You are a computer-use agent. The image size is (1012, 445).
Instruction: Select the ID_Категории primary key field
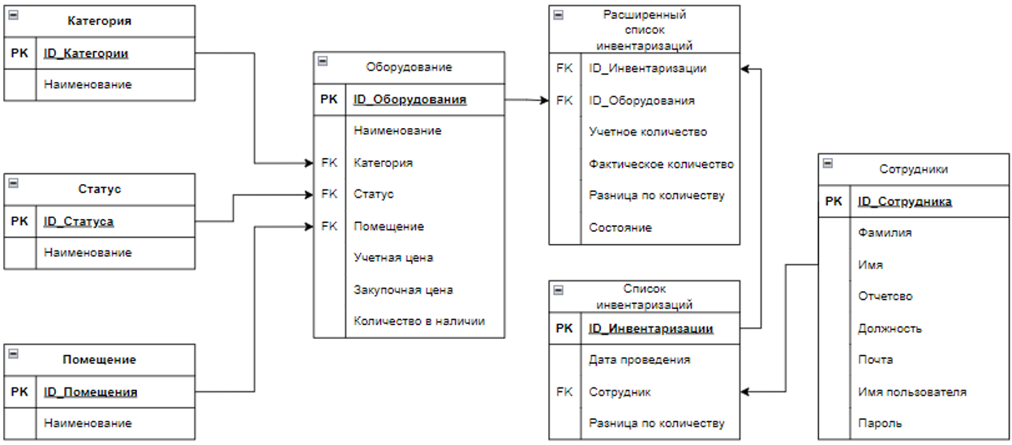click(86, 53)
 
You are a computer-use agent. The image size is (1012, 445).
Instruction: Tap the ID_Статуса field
click(79, 221)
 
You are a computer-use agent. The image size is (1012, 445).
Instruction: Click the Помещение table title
click(100, 359)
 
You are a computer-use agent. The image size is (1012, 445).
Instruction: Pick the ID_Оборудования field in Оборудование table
click(410, 100)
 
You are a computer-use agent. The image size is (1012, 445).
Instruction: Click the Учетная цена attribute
click(393, 258)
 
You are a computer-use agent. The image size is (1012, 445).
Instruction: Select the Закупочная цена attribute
click(403, 289)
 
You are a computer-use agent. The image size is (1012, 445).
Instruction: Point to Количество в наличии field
click(419, 321)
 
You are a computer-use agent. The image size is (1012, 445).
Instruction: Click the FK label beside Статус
click(328, 195)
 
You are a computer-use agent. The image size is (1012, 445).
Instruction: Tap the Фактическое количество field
click(661, 164)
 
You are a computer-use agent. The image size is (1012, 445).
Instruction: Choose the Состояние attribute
click(620, 228)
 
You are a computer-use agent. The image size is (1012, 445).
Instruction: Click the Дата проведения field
click(639, 360)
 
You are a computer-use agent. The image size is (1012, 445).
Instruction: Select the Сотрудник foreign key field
click(620, 392)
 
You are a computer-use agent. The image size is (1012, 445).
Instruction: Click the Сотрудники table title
click(914, 169)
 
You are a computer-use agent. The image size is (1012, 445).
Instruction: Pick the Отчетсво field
click(885, 297)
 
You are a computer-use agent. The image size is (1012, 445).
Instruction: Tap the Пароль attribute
click(880, 423)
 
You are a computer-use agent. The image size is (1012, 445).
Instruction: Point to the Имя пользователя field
click(912, 392)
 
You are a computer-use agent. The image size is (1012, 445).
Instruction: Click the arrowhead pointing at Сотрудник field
click(745, 392)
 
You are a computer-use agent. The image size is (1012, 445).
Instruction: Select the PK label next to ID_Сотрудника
click(834, 202)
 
